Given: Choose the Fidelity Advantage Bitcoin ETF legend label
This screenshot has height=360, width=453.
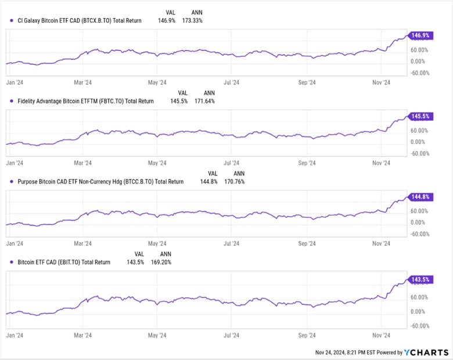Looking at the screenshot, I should pos(82,101).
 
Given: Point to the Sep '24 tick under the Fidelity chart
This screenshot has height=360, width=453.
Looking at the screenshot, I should pos(306,163).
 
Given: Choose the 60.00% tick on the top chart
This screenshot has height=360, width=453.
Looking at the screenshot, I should pos(420,50).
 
